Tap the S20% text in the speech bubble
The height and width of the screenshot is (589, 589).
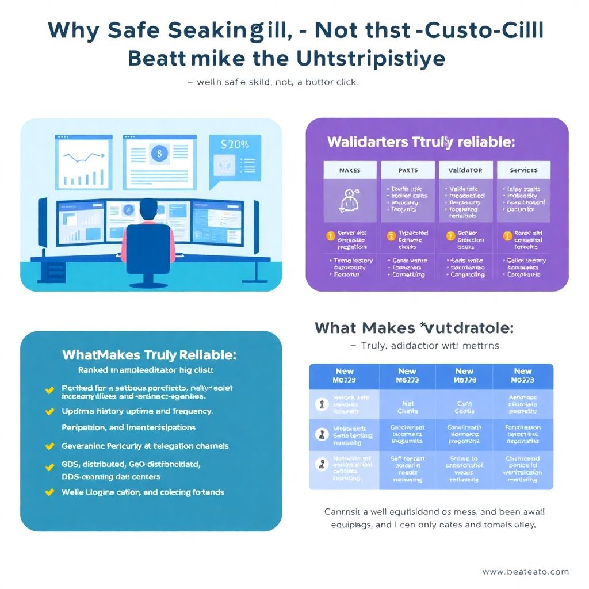coord(235,145)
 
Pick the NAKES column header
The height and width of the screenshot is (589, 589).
coord(350,170)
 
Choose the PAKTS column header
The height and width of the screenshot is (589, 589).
coord(408,170)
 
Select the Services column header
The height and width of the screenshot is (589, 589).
coord(523,170)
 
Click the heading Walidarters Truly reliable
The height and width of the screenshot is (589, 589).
coord(421,141)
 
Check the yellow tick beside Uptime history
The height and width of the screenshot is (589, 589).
coord(50,412)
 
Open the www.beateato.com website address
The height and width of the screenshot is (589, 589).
coord(525,572)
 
